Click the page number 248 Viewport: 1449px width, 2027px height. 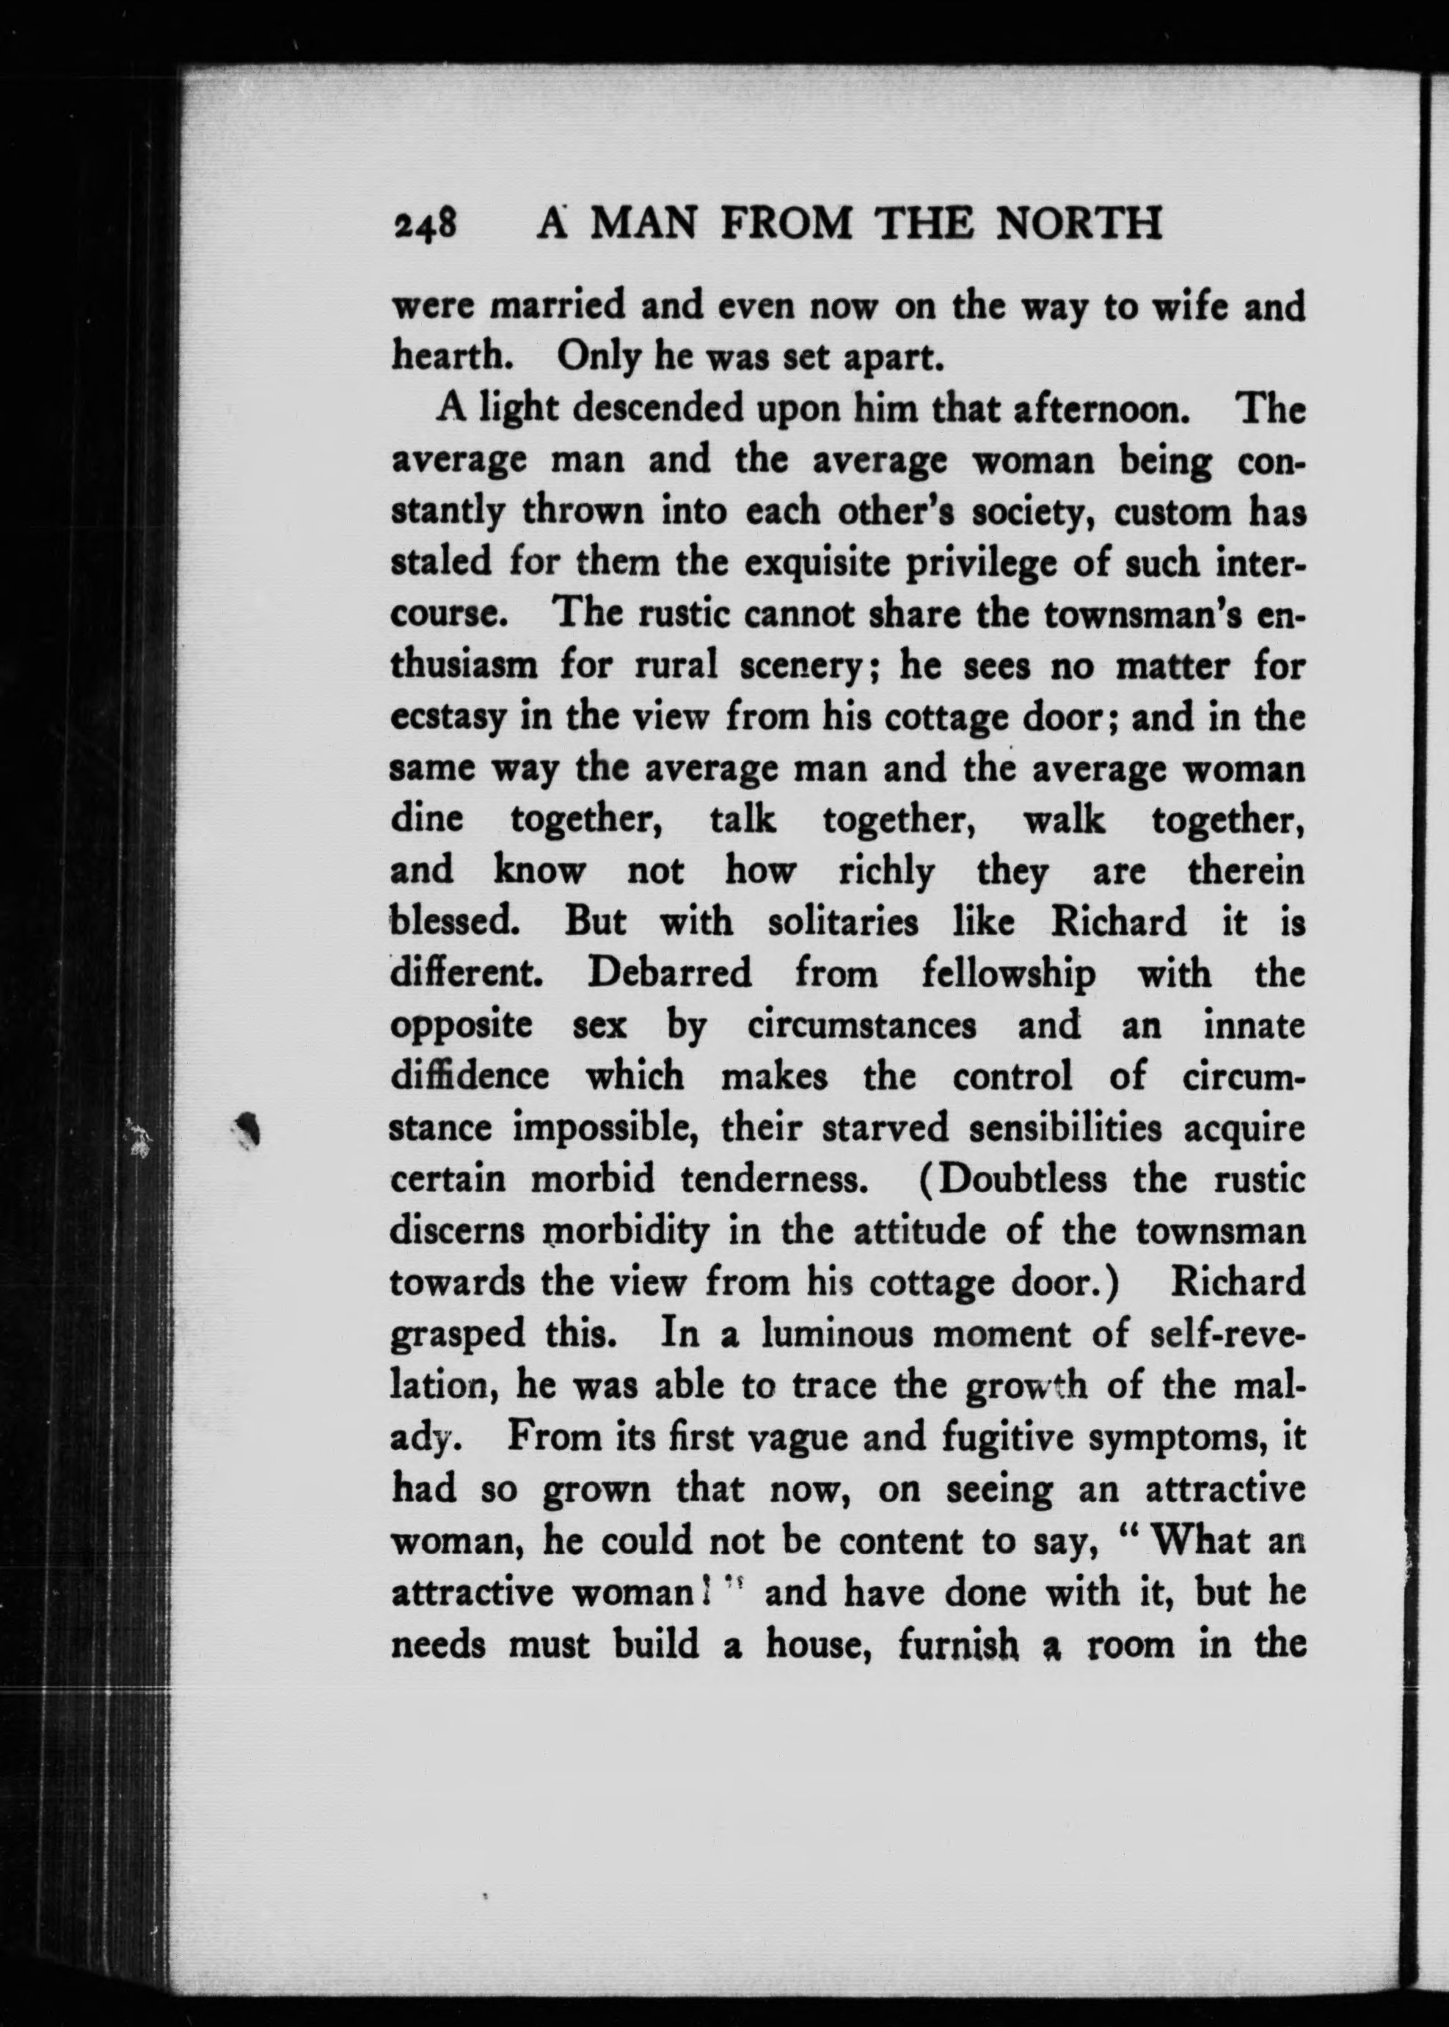coord(425,224)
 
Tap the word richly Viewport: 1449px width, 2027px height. coord(886,871)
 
